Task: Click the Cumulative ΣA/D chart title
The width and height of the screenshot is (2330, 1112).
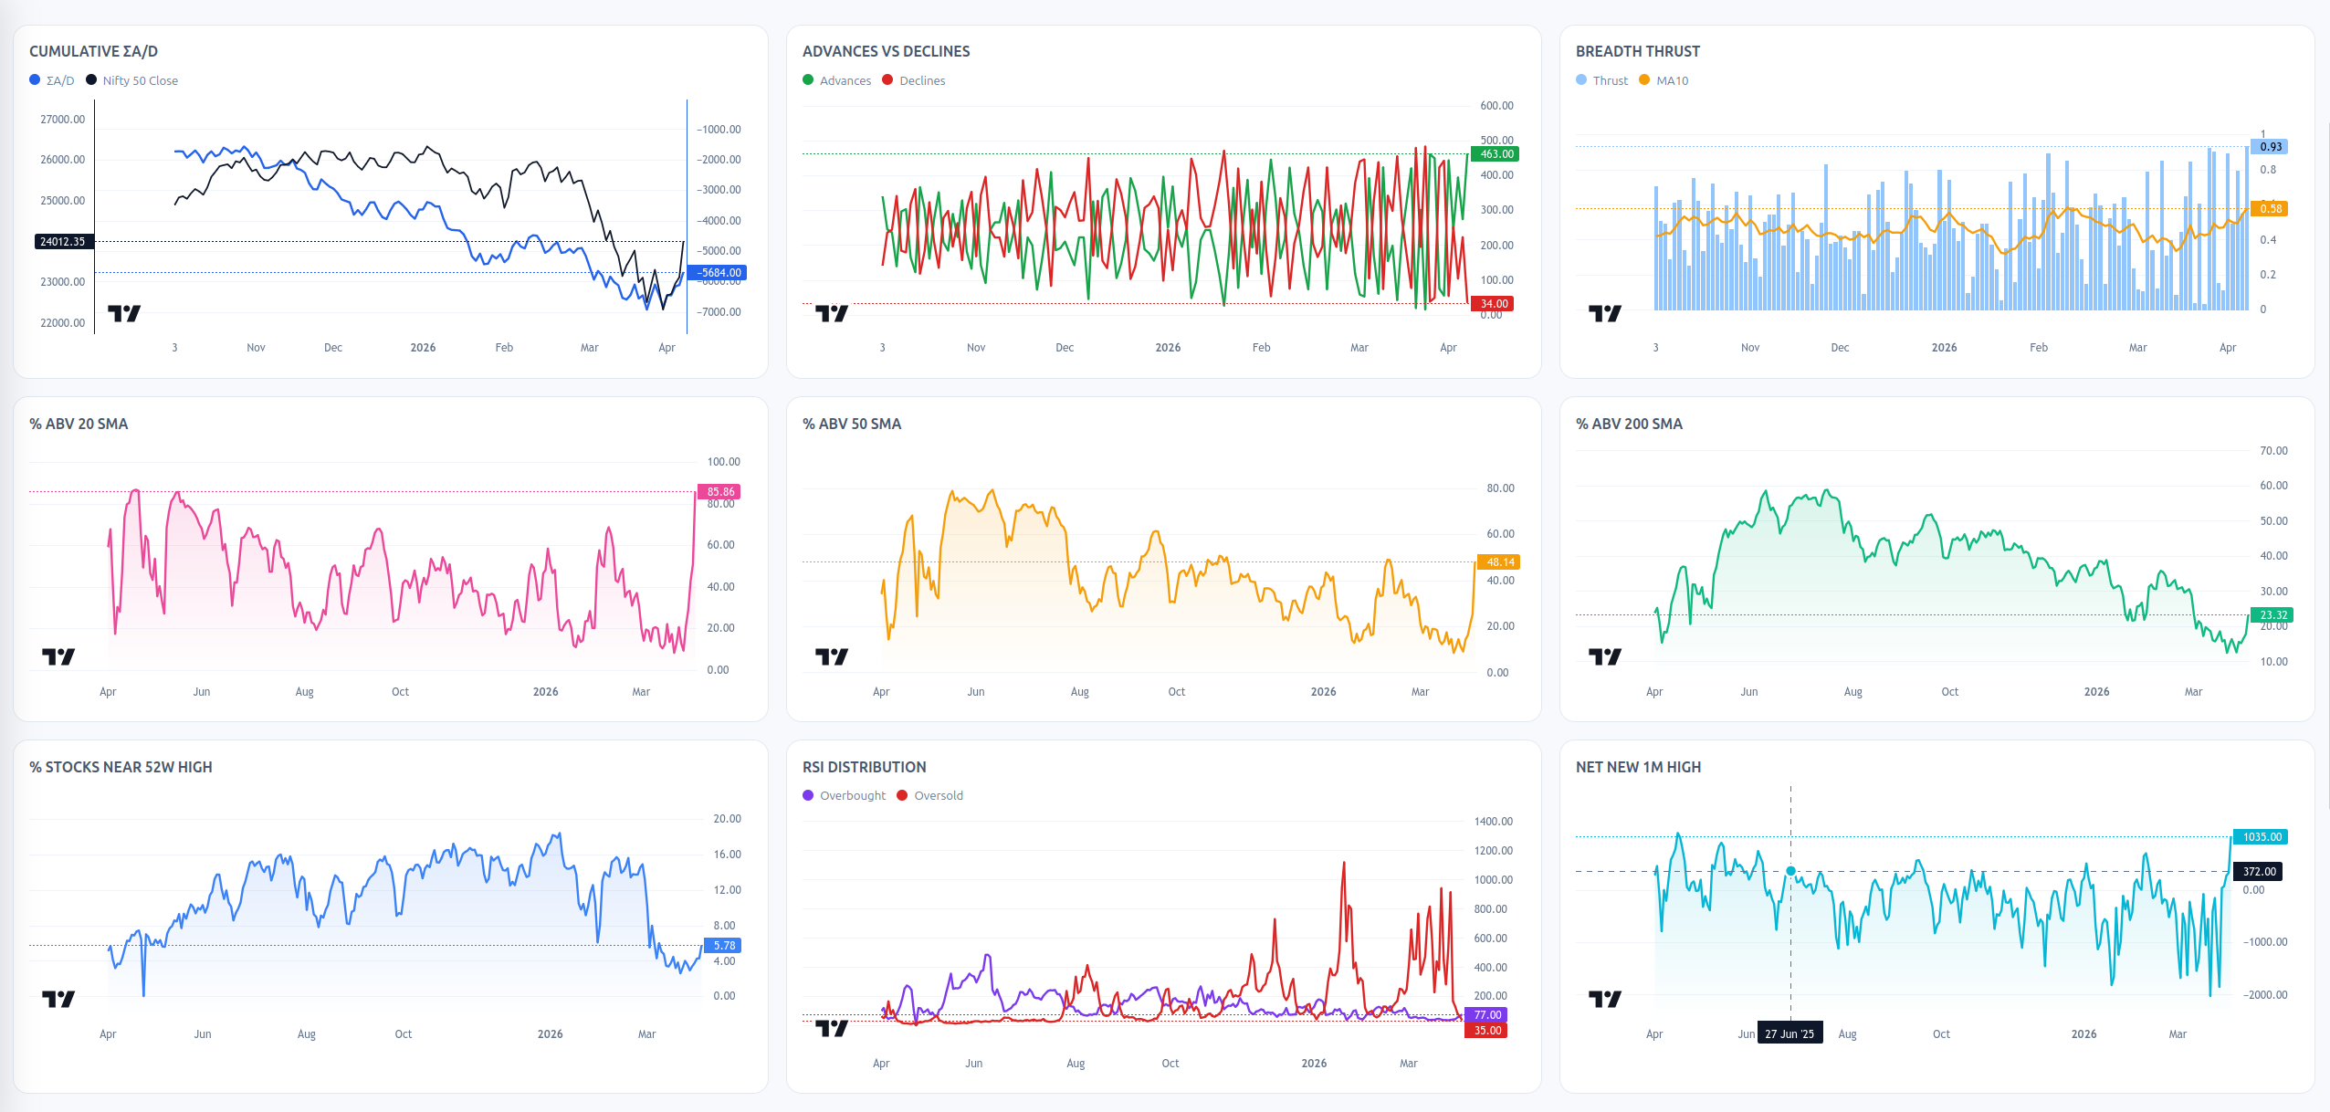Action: point(93,51)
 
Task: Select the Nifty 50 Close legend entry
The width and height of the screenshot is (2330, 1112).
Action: point(131,80)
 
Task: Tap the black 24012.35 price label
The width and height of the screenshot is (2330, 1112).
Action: point(62,242)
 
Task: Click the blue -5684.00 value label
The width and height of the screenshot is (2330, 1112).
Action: point(719,273)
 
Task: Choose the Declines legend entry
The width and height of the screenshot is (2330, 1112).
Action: point(914,80)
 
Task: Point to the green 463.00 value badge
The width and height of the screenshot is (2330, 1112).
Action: point(1496,154)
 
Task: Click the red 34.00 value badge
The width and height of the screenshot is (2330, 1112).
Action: point(1494,304)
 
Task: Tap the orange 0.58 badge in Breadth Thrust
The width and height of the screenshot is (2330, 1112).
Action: point(2270,209)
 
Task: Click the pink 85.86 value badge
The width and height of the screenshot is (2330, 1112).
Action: point(719,492)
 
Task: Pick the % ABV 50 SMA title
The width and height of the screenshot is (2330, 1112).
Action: point(852,424)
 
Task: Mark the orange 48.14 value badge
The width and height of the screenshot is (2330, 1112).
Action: point(1499,562)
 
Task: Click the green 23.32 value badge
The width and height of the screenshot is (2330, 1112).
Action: point(2272,615)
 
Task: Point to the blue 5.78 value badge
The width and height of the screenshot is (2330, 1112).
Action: point(723,946)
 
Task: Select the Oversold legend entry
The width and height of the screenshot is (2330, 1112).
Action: point(929,795)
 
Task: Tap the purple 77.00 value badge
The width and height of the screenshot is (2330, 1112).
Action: point(1486,1015)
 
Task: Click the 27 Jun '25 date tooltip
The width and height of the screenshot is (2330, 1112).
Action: point(1789,1033)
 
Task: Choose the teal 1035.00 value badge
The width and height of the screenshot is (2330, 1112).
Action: point(2262,837)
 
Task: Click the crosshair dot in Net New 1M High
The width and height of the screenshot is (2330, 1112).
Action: point(1790,872)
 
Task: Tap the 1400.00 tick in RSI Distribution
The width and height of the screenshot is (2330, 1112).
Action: point(1494,822)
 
